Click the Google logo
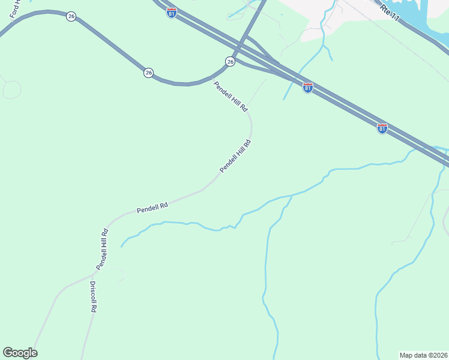click(x=20, y=353)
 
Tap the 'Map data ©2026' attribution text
click(x=423, y=355)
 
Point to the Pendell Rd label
click(x=152, y=208)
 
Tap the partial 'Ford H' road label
click(x=14, y=18)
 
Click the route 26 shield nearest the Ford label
click(x=71, y=16)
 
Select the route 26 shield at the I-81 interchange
click(x=230, y=61)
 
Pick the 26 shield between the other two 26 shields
click(x=148, y=73)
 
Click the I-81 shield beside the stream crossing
click(x=307, y=88)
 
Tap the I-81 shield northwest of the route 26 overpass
click(x=172, y=13)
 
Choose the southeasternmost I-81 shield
click(x=382, y=128)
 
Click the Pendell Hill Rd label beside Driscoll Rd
click(x=102, y=248)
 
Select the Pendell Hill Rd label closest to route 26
click(x=231, y=97)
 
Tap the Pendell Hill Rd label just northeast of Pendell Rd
click(x=235, y=157)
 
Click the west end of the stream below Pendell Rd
click(x=122, y=246)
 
